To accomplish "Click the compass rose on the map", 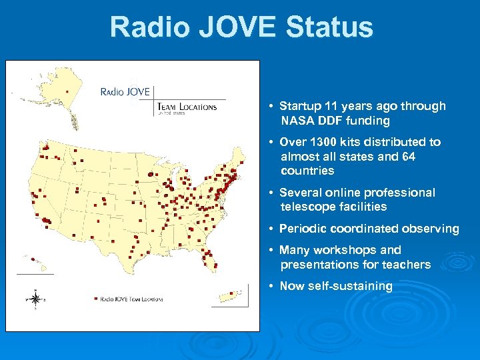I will [36, 298].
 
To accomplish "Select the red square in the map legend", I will [96, 299].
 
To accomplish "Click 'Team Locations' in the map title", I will [187, 107].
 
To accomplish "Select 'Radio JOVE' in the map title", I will [125, 91].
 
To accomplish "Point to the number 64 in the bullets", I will [409, 157].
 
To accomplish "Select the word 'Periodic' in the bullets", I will [303, 229].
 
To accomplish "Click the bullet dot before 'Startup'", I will [272, 107].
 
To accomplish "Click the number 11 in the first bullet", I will [331, 106].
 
